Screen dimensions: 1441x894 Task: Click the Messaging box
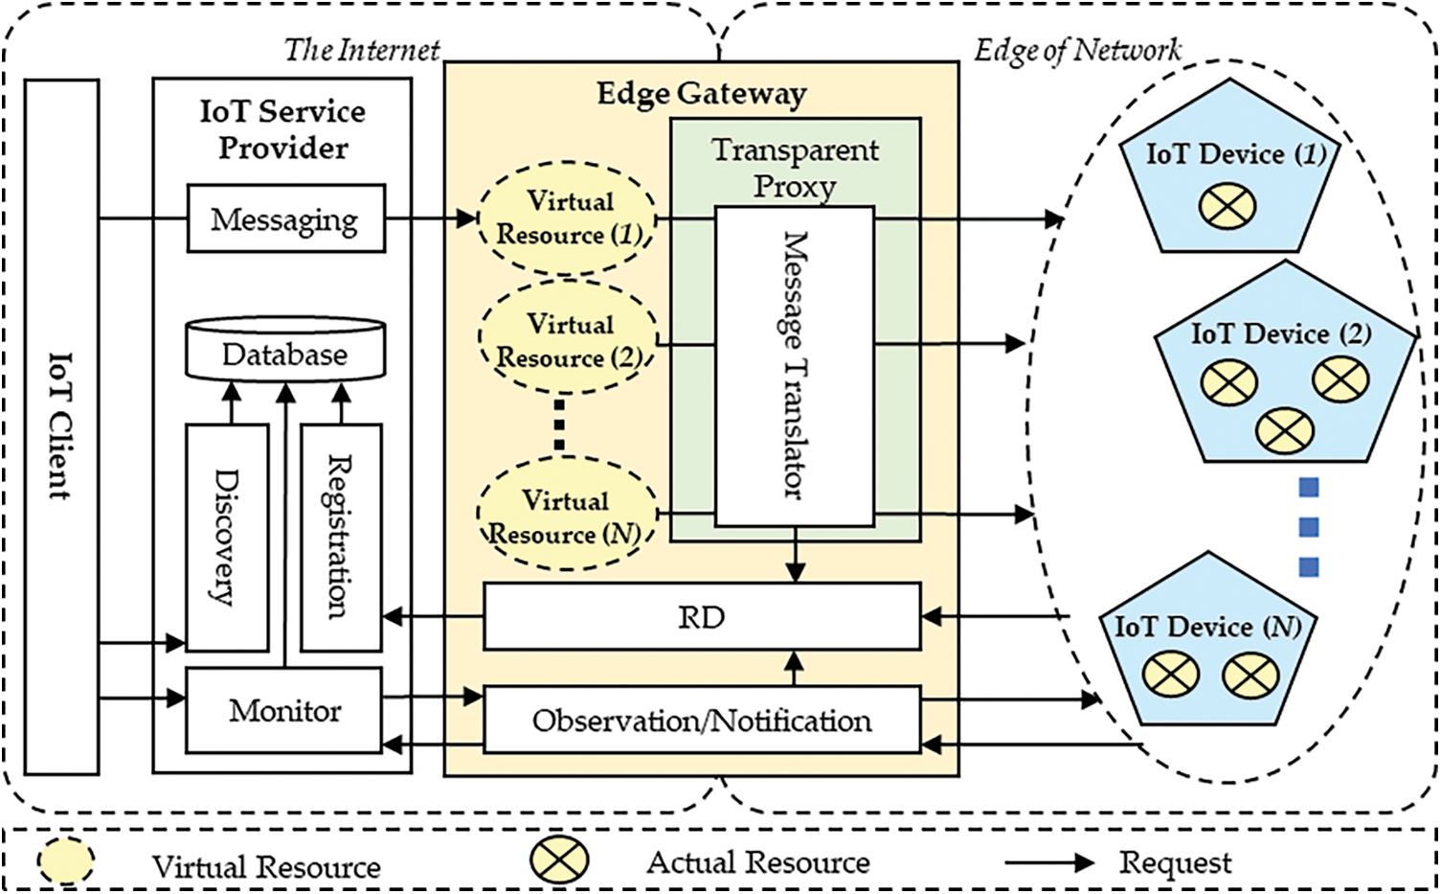click(x=286, y=218)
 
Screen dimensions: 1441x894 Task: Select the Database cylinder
click(x=285, y=350)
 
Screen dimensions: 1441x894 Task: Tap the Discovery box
click(x=227, y=538)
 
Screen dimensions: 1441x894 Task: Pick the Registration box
click(x=341, y=538)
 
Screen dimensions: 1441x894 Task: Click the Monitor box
click(x=283, y=711)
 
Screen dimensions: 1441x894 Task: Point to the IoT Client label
click(x=61, y=425)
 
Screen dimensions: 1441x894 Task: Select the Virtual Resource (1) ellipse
click(x=567, y=218)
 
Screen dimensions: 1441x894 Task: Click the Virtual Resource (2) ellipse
click(x=568, y=336)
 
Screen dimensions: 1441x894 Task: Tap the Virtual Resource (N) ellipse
click(x=567, y=513)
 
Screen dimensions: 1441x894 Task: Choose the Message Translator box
click(x=795, y=366)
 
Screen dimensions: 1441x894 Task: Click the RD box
click(x=702, y=616)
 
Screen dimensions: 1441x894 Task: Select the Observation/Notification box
click(x=702, y=720)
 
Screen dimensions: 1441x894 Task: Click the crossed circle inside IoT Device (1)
click(x=1227, y=207)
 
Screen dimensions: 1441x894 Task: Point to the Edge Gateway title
click(x=702, y=94)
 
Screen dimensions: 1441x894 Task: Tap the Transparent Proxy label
click(x=795, y=169)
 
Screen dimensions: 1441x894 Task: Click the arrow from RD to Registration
click(x=433, y=617)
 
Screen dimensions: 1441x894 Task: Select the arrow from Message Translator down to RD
click(x=796, y=555)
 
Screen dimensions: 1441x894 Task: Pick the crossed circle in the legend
click(x=559, y=860)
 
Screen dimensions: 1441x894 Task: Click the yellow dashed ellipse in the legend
click(x=65, y=860)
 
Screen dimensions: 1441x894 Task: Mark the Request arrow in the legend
click(x=1049, y=863)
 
